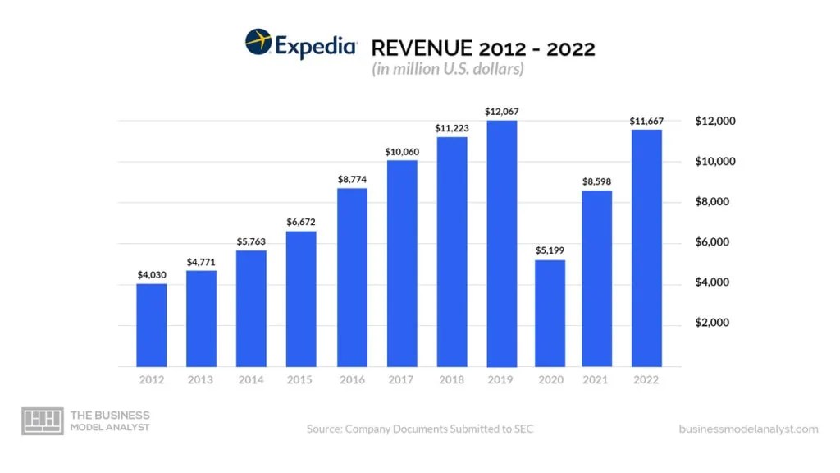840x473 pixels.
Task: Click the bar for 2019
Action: [x=501, y=243]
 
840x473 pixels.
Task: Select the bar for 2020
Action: [x=550, y=313]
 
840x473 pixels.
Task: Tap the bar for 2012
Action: [x=152, y=325]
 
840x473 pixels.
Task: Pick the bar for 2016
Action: [x=352, y=277]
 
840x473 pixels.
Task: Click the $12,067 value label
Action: [x=501, y=111]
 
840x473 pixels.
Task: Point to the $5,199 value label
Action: [x=550, y=250]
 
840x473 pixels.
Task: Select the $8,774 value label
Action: [x=352, y=178]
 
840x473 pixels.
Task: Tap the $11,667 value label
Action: [x=646, y=121]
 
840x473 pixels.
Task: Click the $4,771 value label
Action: [x=202, y=261]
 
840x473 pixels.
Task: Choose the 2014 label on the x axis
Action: [x=251, y=380]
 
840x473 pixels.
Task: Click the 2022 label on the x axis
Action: [x=646, y=380]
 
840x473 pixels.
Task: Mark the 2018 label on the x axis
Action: [x=451, y=380]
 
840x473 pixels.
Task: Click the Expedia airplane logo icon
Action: [x=258, y=43]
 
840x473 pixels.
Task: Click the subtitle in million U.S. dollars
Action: [x=447, y=70]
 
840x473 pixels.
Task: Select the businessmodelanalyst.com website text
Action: [x=748, y=429]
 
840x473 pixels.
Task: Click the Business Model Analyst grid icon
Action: [x=42, y=421]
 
